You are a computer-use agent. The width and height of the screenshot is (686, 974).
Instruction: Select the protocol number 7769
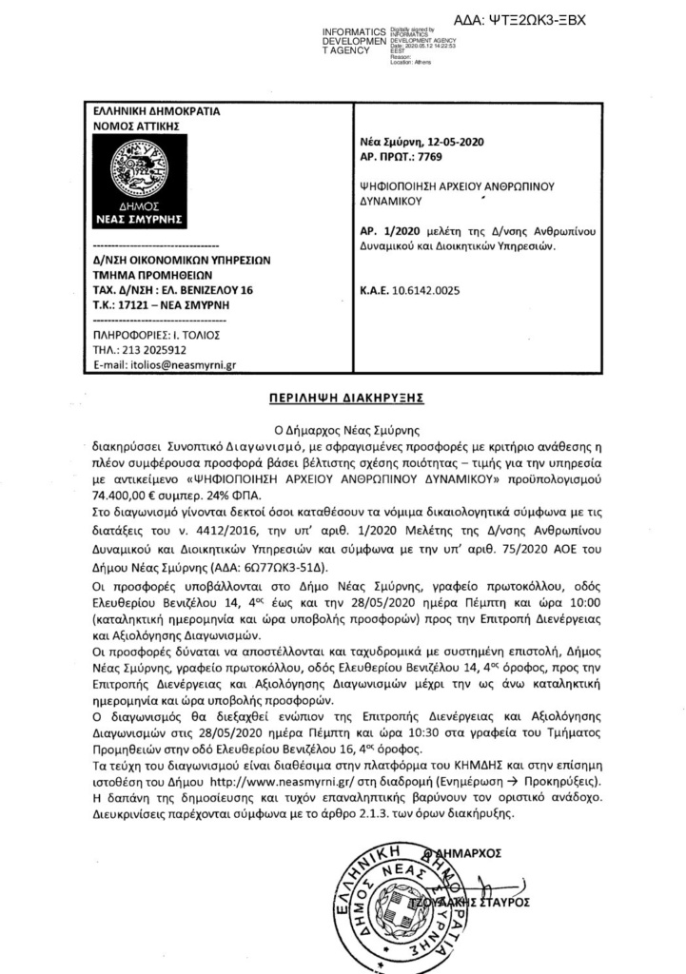tap(430, 158)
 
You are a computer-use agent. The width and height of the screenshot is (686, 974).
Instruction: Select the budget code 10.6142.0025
tap(426, 290)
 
